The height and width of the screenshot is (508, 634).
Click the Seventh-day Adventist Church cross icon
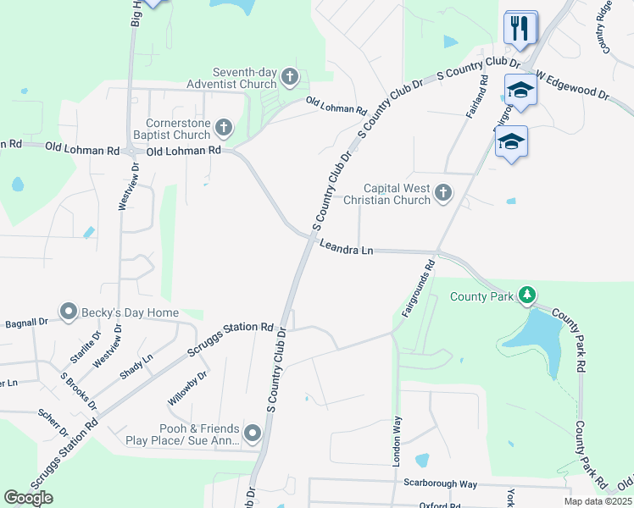290,78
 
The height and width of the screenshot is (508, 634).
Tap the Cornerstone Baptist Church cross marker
224,129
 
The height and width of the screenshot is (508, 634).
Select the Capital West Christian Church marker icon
442,195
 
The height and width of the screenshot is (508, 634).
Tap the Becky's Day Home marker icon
69,312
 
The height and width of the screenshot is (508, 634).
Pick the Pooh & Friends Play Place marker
253,434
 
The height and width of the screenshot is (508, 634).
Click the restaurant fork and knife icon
520,28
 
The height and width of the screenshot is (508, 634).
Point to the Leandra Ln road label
346,248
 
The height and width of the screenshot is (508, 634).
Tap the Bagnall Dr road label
26,323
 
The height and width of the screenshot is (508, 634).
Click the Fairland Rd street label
476,97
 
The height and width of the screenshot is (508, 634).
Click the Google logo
28,498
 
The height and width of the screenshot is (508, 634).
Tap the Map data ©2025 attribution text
597,501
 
